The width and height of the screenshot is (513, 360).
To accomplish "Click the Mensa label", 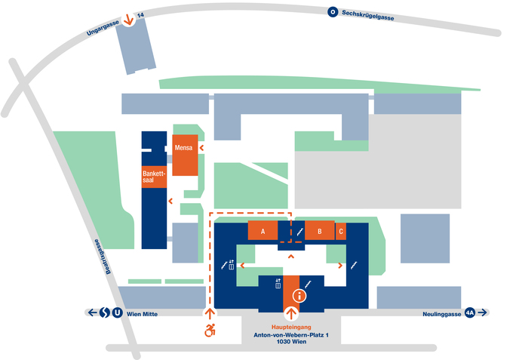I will click(184, 147).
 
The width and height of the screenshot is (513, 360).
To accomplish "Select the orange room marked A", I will click(263, 232).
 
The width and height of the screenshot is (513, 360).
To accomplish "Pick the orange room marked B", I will click(320, 232).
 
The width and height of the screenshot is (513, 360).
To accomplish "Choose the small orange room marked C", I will click(341, 232).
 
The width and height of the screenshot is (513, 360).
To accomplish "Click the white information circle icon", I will click(300, 296).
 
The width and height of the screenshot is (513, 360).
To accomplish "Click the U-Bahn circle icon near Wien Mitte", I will click(117, 312).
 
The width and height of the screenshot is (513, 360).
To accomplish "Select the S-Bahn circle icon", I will click(105, 312).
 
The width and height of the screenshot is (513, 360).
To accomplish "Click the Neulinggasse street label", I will click(440, 312).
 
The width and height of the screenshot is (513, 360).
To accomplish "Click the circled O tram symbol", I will click(332, 12).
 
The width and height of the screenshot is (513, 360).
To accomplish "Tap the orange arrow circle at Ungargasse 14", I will click(129, 20).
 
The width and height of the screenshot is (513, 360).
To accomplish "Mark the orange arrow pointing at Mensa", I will click(202, 148).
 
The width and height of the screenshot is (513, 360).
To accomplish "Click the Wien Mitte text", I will click(143, 312).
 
